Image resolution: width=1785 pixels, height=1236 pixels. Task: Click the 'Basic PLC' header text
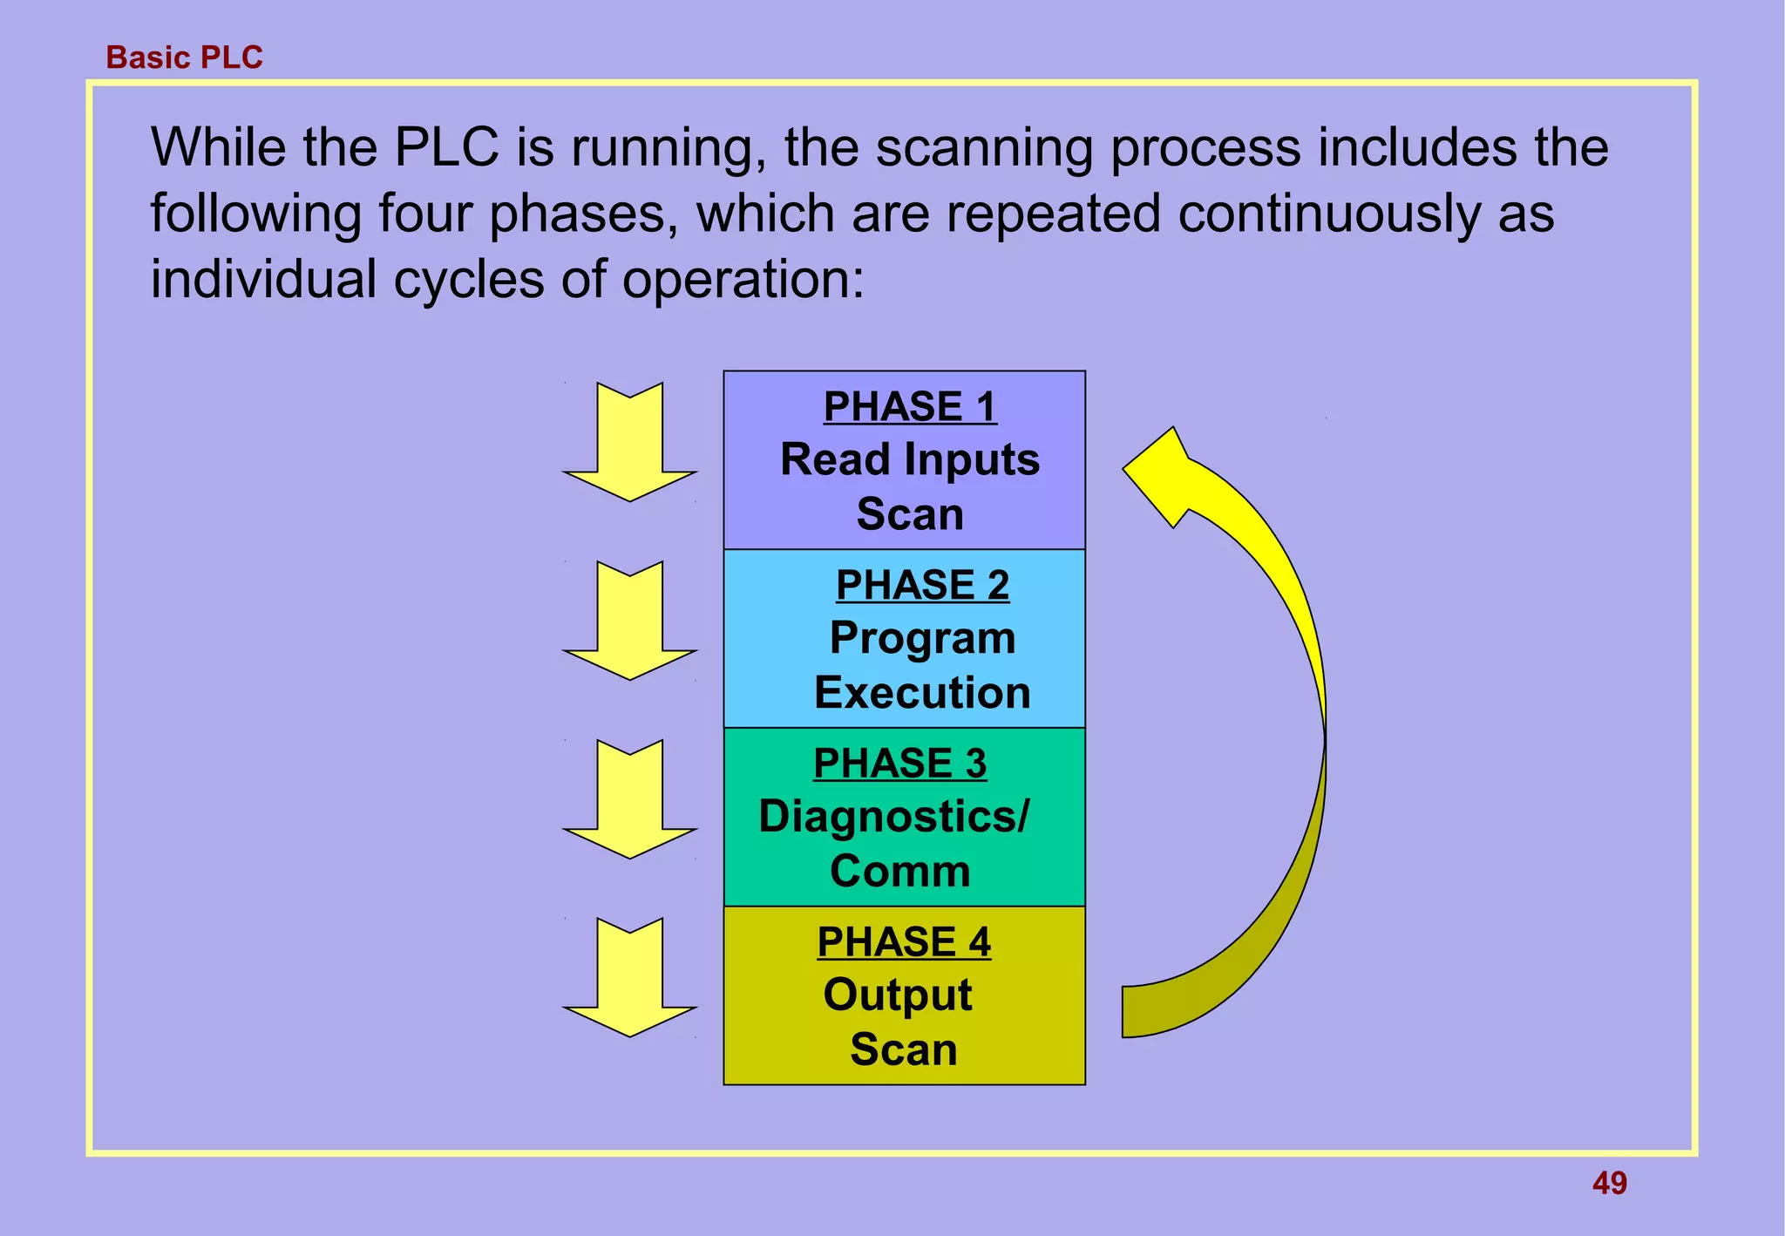point(184,58)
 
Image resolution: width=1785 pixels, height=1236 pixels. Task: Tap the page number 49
point(1609,1183)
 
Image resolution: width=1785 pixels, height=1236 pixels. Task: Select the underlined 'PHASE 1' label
point(909,406)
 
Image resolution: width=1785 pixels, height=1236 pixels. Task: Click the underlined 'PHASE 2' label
point(922,584)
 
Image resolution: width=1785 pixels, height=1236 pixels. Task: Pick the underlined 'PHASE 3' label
point(899,763)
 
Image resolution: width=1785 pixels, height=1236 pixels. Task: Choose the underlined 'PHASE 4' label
point(903,941)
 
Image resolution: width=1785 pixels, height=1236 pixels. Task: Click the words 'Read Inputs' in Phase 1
point(909,459)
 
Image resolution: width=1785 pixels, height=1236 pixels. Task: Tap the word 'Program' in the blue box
point(922,638)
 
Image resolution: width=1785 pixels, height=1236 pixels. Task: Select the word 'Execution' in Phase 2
point(922,693)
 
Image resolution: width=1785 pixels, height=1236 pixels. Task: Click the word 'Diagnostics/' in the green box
point(893,817)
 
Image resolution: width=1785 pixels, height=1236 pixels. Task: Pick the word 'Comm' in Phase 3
point(899,871)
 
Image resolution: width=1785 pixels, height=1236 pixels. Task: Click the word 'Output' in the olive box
point(898,995)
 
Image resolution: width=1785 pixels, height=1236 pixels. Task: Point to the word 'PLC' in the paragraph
point(446,147)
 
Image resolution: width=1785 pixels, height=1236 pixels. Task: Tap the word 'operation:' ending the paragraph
point(743,280)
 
